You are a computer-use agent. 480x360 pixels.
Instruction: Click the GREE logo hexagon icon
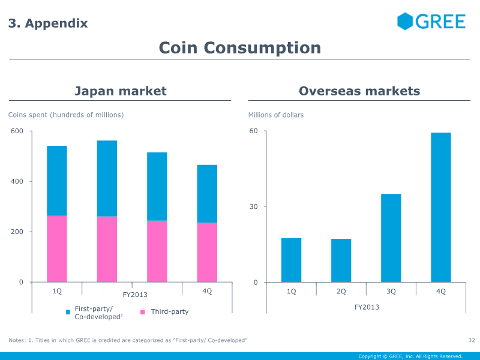click(406, 22)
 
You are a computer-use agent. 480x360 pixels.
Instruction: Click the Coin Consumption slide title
click(239, 47)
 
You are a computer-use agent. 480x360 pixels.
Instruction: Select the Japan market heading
click(120, 91)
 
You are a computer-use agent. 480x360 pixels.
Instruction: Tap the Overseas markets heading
click(359, 91)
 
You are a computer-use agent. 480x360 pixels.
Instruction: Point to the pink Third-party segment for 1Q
click(57, 248)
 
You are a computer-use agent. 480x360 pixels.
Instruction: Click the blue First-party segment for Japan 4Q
click(207, 193)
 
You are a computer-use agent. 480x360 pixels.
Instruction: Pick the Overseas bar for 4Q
click(441, 207)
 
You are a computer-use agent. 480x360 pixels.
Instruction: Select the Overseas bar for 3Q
click(391, 238)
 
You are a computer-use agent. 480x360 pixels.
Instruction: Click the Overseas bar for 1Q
click(291, 260)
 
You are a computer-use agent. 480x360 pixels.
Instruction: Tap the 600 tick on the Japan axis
click(17, 131)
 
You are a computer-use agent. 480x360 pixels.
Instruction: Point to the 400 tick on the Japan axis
click(17, 181)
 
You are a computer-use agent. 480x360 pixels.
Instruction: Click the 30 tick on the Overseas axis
click(254, 207)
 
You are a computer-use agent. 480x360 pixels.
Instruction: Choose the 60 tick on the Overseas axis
click(254, 131)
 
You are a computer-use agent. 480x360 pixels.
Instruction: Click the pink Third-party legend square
click(143, 312)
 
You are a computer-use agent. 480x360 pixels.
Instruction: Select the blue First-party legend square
click(68, 312)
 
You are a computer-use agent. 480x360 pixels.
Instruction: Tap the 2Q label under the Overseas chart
click(341, 292)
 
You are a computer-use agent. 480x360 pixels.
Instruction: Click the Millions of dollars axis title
click(276, 115)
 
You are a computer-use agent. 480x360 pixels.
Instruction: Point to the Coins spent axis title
click(66, 115)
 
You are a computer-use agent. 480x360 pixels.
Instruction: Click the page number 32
click(471, 341)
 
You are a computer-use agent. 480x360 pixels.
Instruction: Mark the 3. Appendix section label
click(48, 23)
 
